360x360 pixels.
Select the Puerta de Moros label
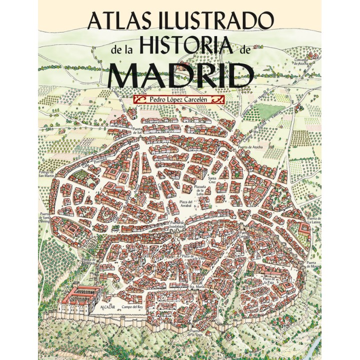pos(313,264)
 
